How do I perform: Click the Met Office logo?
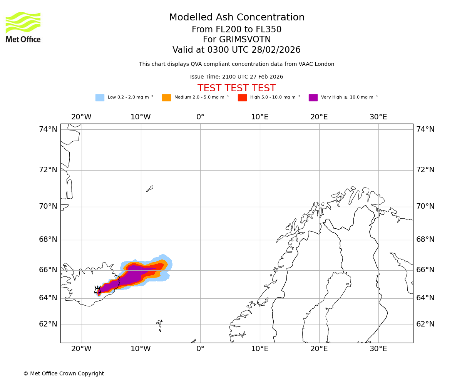23,27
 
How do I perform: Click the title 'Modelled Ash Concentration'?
236,18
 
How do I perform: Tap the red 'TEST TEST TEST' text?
236,88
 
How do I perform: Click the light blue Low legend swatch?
100,98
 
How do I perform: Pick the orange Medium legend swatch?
166,98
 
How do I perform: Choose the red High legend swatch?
242,98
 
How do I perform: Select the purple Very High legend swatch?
313,98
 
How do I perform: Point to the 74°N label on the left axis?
48,129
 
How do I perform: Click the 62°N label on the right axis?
425,324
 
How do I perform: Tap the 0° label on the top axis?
200,117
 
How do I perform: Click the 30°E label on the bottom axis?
378,349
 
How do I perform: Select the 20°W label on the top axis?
81,117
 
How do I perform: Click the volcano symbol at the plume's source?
97,290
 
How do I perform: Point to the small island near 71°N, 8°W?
150,189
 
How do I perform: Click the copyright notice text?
64,373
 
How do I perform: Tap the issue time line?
236,77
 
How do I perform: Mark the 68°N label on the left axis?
48,239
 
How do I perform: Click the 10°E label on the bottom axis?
259,349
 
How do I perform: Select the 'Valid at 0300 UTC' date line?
236,50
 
